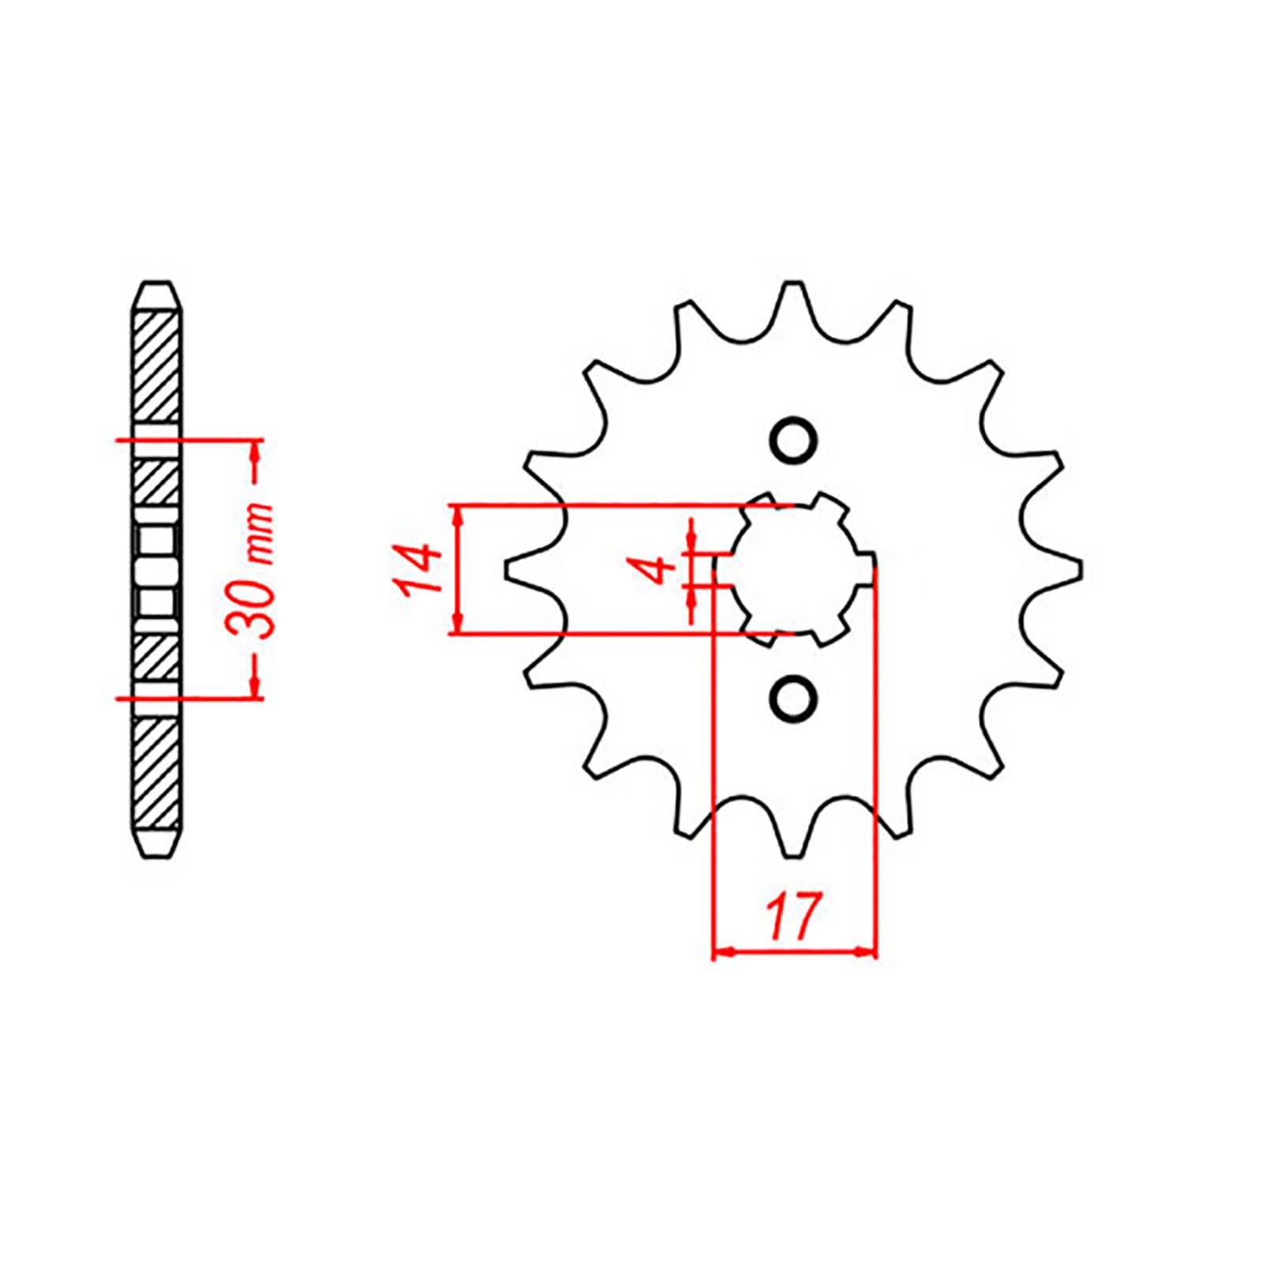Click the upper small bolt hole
[x=793, y=440]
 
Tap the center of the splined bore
[x=793, y=568]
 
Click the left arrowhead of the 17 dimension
[x=722, y=954]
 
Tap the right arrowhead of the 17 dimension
[x=867, y=954]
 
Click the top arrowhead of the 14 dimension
[x=456, y=515]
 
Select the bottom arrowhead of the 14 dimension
[x=456, y=623]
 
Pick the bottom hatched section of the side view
[x=157, y=774]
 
